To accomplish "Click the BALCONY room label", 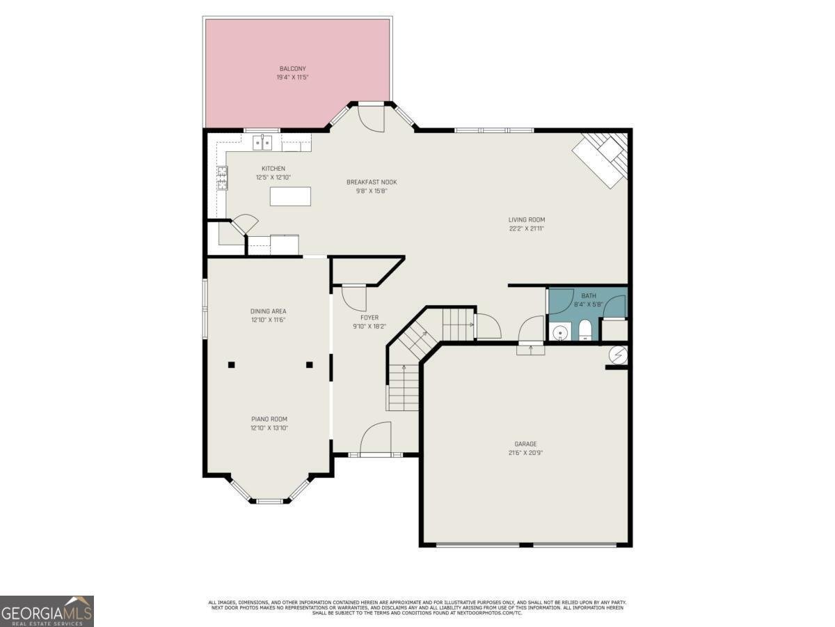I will click(x=292, y=68).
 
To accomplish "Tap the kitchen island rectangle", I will click(x=290, y=196).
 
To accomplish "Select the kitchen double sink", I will click(x=262, y=144).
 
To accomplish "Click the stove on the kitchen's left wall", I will click(x=222, y=178).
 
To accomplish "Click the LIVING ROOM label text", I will click(x=526, y=219).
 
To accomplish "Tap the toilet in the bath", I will click(x=584, y=331).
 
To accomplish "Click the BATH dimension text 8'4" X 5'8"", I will click(x=588, y=304).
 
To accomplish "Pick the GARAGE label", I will click(x=525, y=444).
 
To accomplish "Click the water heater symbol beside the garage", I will click(x=617, y=355).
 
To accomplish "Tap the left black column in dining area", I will click(x=231, y=364).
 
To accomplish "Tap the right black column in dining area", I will click(x=309, y=364).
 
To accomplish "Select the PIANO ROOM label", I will click(x=269, y=419).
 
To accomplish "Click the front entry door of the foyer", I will click(x=376, y=439).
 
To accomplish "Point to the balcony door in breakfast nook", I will click(x=372, y=117).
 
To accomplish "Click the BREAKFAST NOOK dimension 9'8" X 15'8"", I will click(x=372, y=190).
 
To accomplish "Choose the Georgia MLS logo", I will click(x=47, y=611).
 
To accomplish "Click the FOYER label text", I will click(x=369, y=318).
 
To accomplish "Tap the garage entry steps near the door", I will click(x=531, y=350).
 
